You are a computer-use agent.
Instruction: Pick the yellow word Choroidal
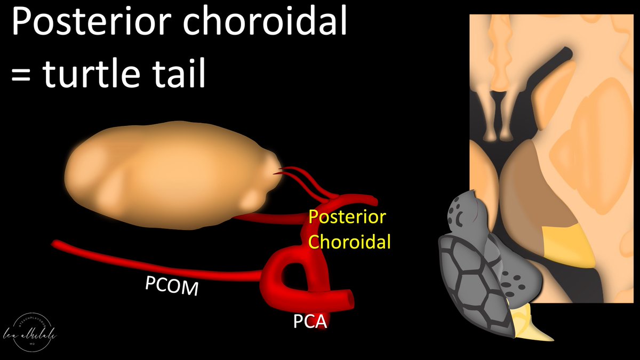pos(350,242)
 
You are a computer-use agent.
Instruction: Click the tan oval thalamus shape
pos(171,176)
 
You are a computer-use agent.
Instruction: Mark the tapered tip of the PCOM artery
pos(55,244)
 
